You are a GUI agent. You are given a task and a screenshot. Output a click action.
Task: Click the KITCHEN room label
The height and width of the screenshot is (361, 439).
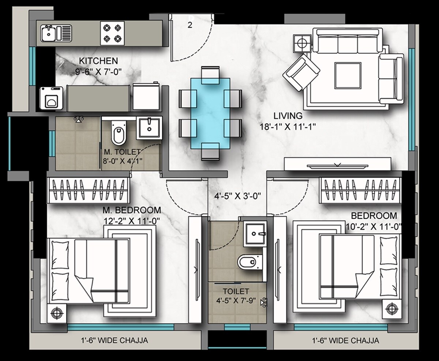99,61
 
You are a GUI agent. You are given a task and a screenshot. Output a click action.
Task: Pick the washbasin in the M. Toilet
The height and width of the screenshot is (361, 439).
149,128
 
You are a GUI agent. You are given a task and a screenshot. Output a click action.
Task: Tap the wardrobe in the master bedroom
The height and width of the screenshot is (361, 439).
89,189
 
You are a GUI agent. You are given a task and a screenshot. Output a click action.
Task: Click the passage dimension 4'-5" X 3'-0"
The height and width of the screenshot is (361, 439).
237,196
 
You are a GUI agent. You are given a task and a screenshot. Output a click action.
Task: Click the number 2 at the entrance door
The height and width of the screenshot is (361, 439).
190,25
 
